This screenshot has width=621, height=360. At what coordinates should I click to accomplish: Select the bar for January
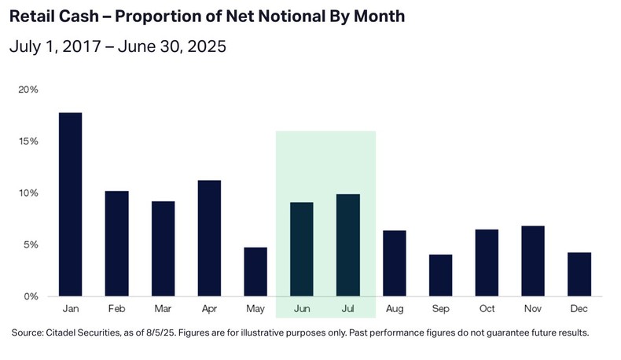(x=69, y=204)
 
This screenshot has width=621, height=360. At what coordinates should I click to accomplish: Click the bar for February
(x=116, y=244)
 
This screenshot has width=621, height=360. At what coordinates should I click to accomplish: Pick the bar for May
(x=255, y=272)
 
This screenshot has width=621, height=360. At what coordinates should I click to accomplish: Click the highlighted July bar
(x=347, y=245)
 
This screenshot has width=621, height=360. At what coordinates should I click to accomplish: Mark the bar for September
(x=440, y=275)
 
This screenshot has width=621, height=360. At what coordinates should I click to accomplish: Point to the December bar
(x=579, y=274)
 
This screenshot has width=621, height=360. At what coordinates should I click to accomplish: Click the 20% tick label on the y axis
(x=28, y=90)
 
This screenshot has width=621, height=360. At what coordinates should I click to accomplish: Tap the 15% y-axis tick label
(x=28, y=141)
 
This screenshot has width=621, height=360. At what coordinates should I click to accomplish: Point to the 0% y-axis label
(x=31, y=296)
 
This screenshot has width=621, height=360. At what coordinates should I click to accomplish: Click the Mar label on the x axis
(x=162, y=310)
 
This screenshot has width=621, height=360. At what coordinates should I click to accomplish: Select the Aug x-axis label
(x=394, y=310)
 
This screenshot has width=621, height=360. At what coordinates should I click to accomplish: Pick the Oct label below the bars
(x=487, y=310)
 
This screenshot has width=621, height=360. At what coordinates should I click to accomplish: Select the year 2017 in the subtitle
(x=83, y=47)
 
